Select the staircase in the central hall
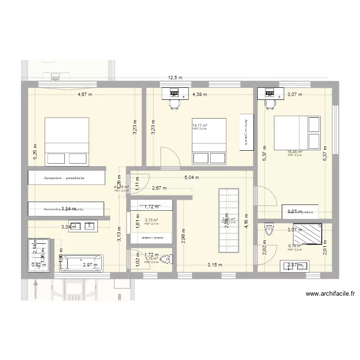pyautogui.click(x=228, y=220)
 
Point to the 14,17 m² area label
pyautogui.click(x=200, y=126)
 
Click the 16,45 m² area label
pyautogui.click(x=295, y=152)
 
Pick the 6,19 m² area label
pyautogui.click(x=295, y=246)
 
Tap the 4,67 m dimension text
pyautogui.click(x=85, y=95)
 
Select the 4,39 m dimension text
pyautogui.click(x=200, y=95)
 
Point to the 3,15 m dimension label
pyautogui.click(x=215, y=264)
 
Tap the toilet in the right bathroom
pyautogui.click(x=270, y=229)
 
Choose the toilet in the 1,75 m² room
pyautogui.click(x=166, y=260)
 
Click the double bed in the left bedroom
pyautogui.click(x=67, y=141)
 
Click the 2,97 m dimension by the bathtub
pyautogui.click(x=90, y=264)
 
